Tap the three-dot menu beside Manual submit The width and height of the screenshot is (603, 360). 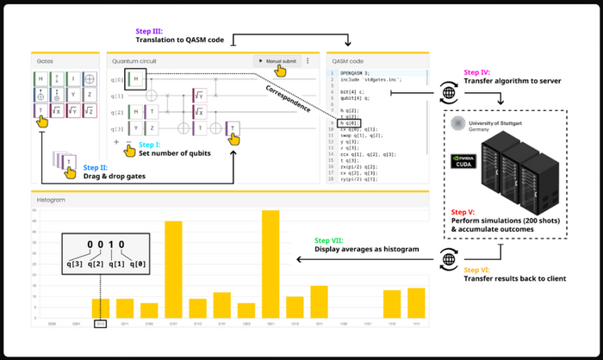[308, 61]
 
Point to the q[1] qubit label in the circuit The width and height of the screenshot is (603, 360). [116, 96]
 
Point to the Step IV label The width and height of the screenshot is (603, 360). [479, 71]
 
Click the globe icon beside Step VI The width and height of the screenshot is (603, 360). [447, 257]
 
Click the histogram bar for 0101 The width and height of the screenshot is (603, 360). [173, 270]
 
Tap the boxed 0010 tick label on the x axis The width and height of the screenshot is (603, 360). [101, 325]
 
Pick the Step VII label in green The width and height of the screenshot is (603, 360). [330, 240]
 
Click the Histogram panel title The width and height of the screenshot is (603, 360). [51, 200]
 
